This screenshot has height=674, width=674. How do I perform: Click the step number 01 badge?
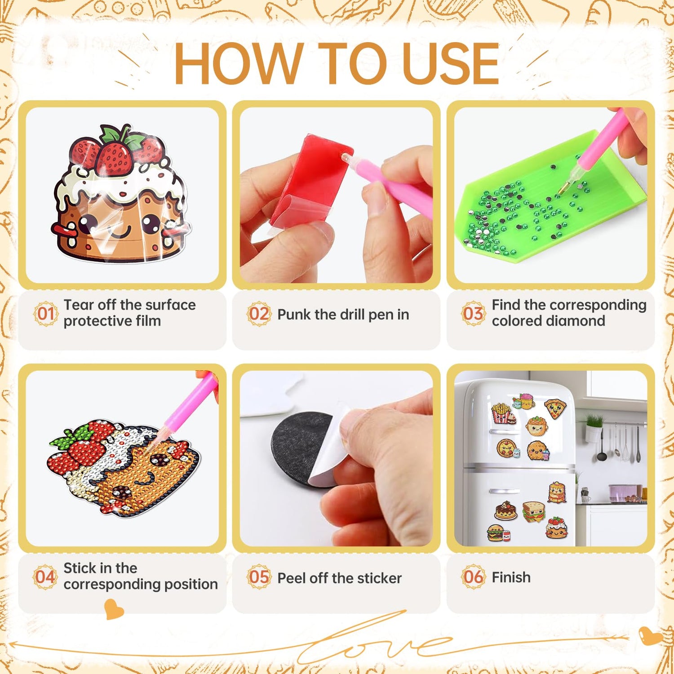click(x=46, y=314)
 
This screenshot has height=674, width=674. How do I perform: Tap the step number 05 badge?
click(x=259, y=577)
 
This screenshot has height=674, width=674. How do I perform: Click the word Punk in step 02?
click(x=293, y=315)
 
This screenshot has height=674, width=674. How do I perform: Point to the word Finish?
click(x=511, y=577)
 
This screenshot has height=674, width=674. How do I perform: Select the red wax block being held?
click(x=310, y=180)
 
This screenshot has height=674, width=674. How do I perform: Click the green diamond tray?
click(x=550, y=202)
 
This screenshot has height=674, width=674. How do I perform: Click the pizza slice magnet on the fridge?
click(x=555, y=408)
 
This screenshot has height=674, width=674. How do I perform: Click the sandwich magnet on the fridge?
click(x=533, y=511)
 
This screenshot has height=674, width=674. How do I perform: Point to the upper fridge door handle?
click(x=502, y=431)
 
